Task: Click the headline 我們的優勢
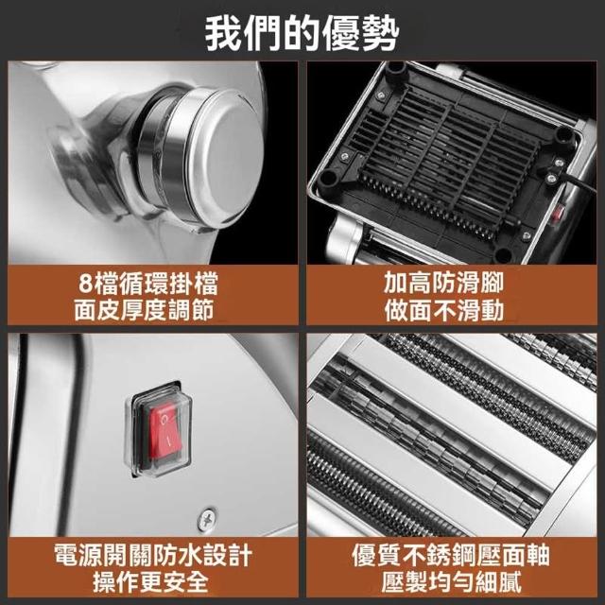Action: click(302, 34)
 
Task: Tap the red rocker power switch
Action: click(165, 431)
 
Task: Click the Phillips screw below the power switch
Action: click(207, 519)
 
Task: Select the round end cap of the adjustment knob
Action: click(227, 158)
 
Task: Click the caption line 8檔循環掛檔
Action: click(148, 284)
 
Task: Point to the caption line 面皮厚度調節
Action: click(144, 310)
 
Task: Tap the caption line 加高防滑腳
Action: click(443, 283)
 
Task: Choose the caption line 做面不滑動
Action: click(443, 310)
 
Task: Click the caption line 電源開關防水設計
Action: click(153, 555)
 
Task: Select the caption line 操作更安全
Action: click(150, 582)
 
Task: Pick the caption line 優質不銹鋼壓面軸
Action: click(451, 555)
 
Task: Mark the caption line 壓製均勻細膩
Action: click(452, 582)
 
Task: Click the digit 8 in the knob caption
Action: click(85, 284)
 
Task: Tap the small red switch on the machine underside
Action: click(557, 214)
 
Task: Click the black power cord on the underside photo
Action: click(578, 181)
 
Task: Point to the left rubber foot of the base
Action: click(328, 178)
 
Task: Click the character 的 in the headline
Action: click(302, 34)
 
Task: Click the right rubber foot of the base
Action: click(565, 135)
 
